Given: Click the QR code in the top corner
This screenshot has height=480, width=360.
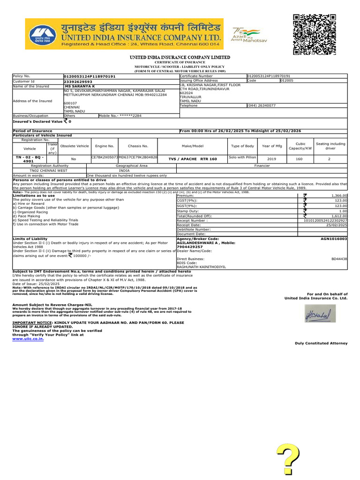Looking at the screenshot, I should click(315, 35).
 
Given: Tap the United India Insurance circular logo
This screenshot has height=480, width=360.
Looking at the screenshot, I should click(40, 35).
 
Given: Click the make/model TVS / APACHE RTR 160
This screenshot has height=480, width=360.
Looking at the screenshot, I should click(199, 159).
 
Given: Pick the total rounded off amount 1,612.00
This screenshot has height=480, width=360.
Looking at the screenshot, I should click(339, 216).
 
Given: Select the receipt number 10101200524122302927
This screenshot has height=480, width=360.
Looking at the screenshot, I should click(325, 220).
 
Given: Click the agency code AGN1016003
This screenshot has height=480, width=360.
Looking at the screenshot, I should click(333, 239).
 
